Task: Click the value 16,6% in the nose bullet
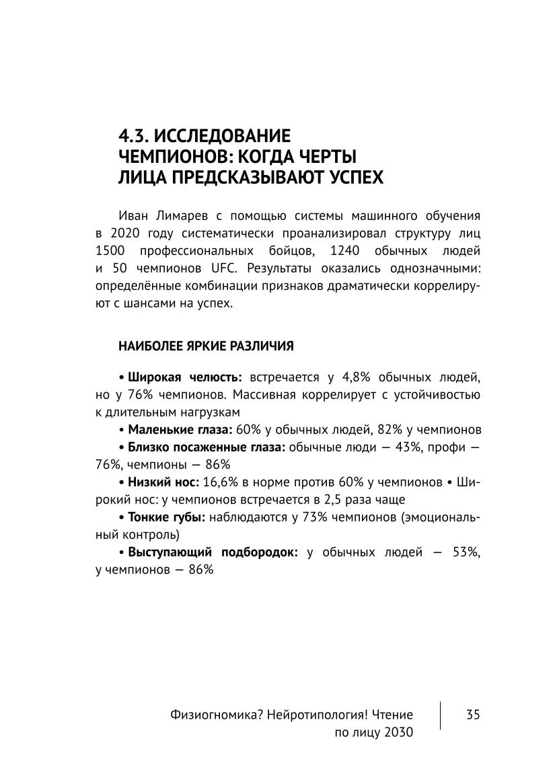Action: [221, 482]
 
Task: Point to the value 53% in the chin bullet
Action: [464, 552]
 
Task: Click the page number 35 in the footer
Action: [472, 714]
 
